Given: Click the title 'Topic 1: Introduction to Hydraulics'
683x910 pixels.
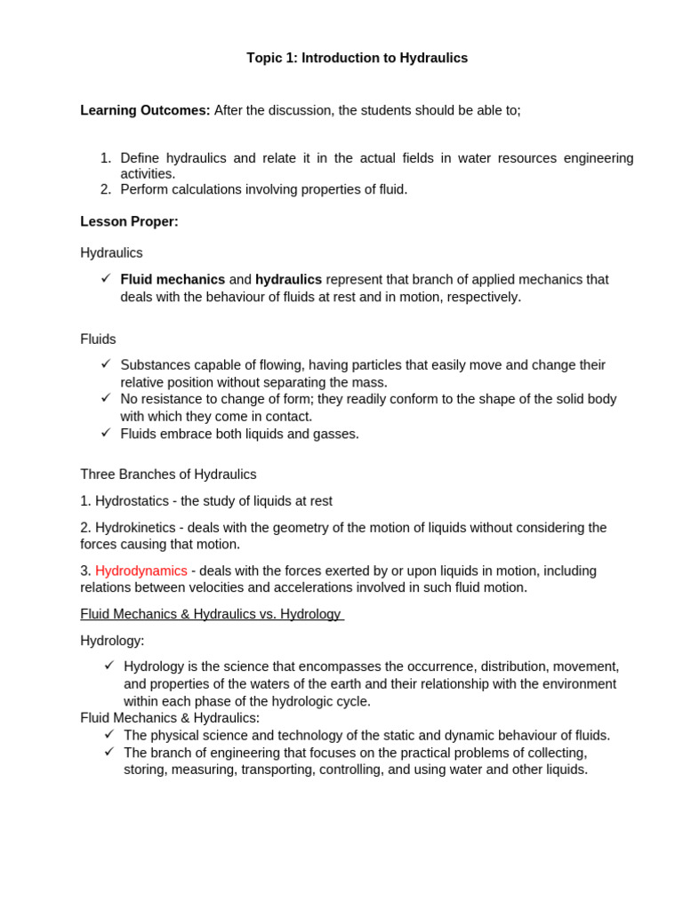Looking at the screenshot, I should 357,58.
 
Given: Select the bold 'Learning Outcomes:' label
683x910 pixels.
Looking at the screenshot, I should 145,110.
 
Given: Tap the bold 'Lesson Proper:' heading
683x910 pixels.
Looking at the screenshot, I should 129,221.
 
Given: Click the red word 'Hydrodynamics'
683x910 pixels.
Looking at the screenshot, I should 141,571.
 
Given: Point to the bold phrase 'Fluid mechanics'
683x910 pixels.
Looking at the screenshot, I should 173,279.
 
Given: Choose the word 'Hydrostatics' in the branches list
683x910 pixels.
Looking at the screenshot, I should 132,500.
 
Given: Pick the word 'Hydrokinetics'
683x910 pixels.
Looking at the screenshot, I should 135,527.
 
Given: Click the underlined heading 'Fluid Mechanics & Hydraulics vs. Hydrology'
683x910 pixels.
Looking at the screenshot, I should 211,614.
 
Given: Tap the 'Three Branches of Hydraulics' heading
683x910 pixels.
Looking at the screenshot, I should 168,474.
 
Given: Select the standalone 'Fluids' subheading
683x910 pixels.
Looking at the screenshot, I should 98,339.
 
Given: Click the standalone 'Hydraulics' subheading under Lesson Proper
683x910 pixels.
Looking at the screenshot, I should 111,252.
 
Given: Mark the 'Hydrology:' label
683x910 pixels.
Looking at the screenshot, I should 112,640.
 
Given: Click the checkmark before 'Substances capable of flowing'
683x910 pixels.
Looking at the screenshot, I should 106,363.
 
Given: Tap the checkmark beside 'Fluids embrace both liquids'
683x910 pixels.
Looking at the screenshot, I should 106,432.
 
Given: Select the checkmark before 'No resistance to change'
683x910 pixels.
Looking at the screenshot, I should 106,397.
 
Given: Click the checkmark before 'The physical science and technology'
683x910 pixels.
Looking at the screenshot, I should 109,733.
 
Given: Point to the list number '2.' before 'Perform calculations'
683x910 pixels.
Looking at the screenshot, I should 105,189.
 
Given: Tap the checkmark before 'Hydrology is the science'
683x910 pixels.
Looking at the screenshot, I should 109,665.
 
